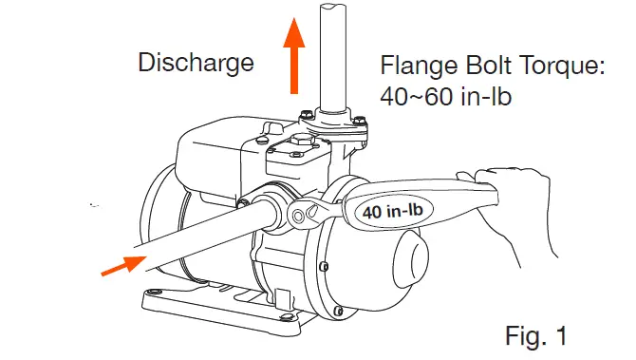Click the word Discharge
click(x=196, y=64)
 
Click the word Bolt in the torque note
click(x=495, y=67)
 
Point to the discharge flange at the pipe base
click(x=333, y=123)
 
